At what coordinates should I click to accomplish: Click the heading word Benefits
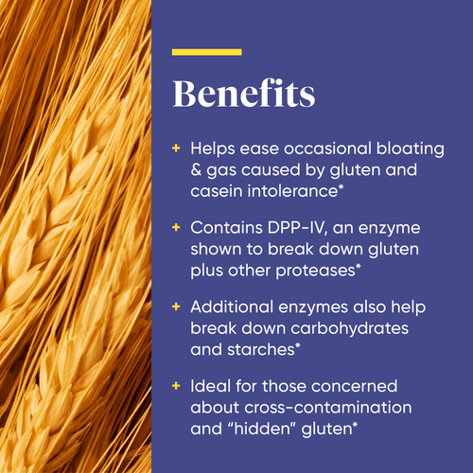(243, 95)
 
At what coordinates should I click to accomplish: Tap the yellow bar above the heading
(206, 51)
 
